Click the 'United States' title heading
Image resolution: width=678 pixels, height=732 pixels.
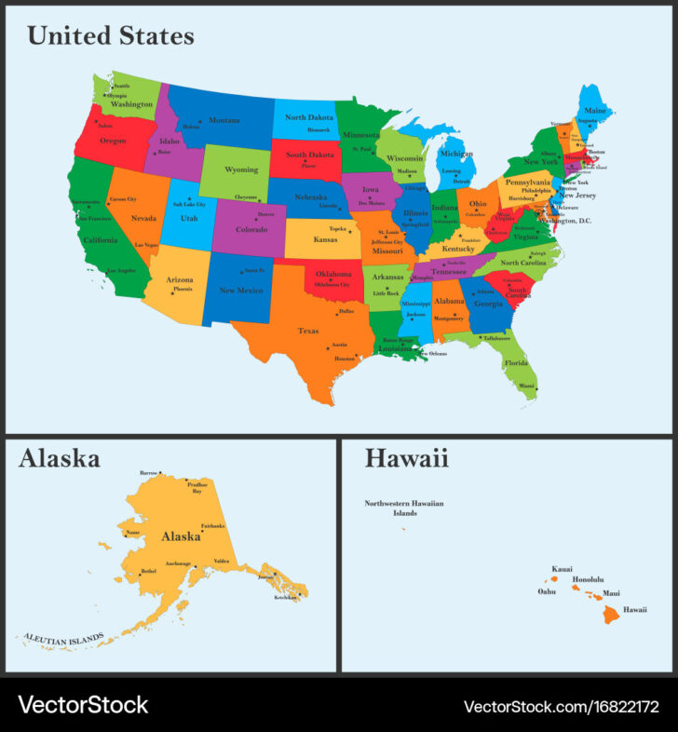(x=111, y=35)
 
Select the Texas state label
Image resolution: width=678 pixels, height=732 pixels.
(x=307, y=331)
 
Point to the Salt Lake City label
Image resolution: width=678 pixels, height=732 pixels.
(x=187, y=203)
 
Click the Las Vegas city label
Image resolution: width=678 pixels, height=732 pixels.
(x=146, y=245)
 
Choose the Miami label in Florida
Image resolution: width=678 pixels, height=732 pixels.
(x=527, y=386)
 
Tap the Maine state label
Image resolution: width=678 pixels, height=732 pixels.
(x=595, y=111)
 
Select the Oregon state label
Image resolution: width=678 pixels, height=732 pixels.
(x=113, y=141)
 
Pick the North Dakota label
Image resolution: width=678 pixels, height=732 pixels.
(x=308, y=117)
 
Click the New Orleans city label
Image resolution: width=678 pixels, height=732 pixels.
(x=433, y=354)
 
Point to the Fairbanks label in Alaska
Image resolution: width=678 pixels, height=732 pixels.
(x=212, y=525)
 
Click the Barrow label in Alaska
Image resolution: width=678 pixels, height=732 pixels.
(x=148, y=473)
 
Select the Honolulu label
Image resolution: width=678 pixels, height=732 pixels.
(x=589, y=579)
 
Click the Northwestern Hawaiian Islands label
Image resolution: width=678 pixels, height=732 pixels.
(x=404, y=508)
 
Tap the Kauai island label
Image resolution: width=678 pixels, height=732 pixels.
(x=562, y=568)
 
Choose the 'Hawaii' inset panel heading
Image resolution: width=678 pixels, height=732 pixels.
(x=406, y=458)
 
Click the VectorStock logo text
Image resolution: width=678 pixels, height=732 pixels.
(x=83, y=704)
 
